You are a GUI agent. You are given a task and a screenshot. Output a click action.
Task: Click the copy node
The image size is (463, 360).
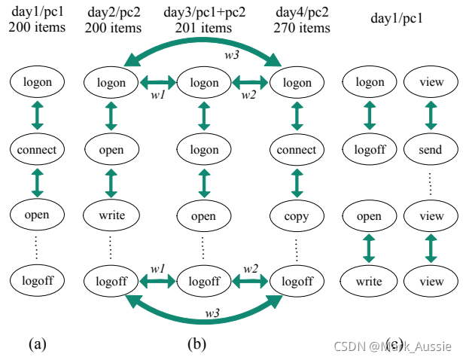pyautogui.click(x=296, y=216)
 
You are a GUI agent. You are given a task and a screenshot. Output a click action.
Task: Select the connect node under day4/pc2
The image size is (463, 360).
pyautogui.click(x=296, y=149)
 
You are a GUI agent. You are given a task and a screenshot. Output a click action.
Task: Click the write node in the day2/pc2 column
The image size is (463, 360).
pyautogui.click(x=111, y=216)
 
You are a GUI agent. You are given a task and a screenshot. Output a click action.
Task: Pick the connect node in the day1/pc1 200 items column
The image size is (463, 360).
pyautogui.click(x=37, y=149)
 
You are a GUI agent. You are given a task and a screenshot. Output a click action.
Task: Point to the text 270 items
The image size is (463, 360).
pyautogui.click(x=303, y=28)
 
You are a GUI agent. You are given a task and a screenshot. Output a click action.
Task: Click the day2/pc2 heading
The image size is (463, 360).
pyautogui.click(x=112, y=13)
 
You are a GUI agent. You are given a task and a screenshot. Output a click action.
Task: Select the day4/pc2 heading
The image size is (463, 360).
pyautogui.click(x=303, y=13)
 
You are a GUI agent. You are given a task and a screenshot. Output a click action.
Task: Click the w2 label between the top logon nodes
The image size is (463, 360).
pyautogui.click(x=248, y=94)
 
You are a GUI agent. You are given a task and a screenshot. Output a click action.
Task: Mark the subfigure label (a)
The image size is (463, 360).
pyautogui.click(x=38, y=344)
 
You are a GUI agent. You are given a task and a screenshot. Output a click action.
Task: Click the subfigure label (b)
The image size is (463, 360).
pyautogui.click(x=196, y=344)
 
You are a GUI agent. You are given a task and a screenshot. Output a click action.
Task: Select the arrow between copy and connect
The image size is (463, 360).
pyautogui.click(x=296, y=182)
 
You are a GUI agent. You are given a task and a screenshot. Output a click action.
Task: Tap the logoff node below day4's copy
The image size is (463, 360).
pyautogui.click(x=296, y=282)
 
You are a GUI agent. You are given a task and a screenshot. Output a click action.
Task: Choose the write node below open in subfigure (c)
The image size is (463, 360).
pyautogui.click(x=369, y=282)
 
